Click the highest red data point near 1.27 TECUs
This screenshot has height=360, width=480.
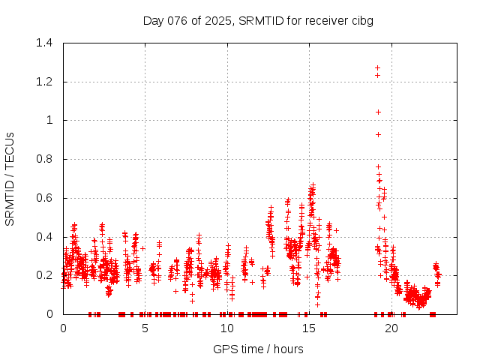coord(377,67)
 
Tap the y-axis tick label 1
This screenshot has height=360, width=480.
coord(51,120)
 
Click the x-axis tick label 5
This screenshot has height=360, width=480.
coord(145,328)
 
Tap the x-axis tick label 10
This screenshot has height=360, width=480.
coord(226,328)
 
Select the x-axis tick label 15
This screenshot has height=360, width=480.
coord(308,328)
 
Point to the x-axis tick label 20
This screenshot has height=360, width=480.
coord(391,328)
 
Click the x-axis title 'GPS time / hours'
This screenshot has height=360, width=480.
coord(258,349)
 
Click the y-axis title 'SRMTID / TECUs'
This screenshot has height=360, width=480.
coord(10,178)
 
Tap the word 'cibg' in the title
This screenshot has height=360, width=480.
coord(362,20)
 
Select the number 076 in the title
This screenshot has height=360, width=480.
coord(178,20)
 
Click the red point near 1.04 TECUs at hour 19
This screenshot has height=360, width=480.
coord(379,112)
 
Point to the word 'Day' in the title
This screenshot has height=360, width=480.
coord(154,20)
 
